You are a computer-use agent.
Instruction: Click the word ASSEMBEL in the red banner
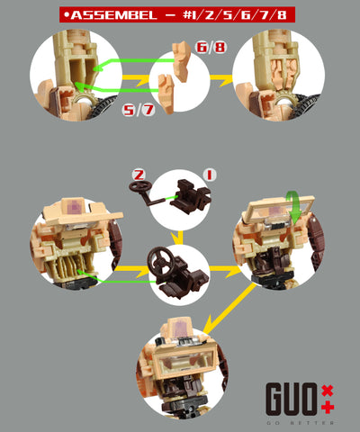coord(114,14)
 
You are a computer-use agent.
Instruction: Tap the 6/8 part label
coord(211,47)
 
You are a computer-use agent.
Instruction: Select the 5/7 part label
coord(139,110)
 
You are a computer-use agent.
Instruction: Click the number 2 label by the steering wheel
coord(139,175)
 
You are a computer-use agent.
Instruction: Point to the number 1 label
coord(210,175)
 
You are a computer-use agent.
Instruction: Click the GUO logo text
coord(291,399)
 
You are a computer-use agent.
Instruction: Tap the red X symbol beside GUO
coord(328,391)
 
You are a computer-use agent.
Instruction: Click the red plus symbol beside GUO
coord(328,407)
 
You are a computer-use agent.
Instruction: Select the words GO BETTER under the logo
coord(300,423)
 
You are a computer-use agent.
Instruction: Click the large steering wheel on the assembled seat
coord(161,261)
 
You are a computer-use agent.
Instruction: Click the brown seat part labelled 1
coord(190,197)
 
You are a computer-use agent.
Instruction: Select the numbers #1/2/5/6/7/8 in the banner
coord(235,14)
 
